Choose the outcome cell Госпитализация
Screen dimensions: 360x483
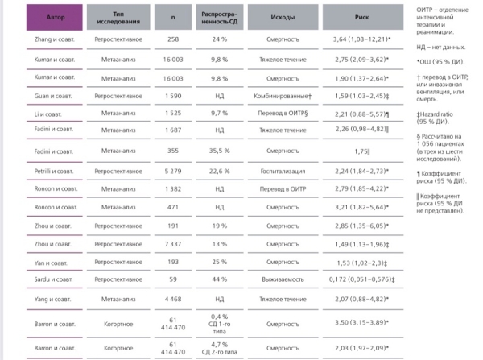[x=283, y=171]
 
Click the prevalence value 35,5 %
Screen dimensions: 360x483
[x=221, y=150]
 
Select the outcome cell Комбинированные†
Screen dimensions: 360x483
[x=283, y=95]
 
